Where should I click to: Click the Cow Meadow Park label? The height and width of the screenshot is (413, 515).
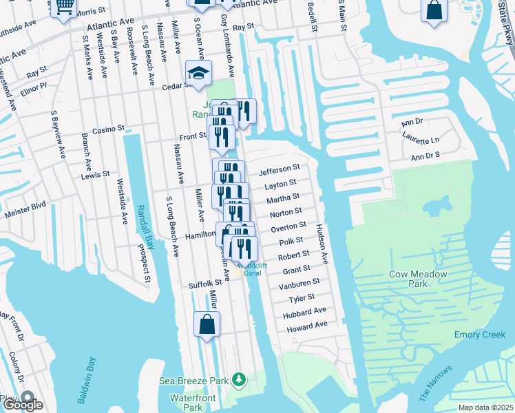click(x=418, y=279)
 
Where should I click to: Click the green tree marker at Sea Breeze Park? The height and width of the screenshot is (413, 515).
click(x=239, y=379)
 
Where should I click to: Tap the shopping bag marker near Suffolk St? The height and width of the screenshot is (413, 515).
click(x=207, y=324)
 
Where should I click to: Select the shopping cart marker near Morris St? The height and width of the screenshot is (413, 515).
click(x=64, y=7)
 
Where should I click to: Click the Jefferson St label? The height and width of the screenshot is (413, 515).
click(x=279, y=168)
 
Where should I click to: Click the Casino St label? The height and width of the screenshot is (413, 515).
click(x=108, y=129)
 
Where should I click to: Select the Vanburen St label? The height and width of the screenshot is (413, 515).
click(x=299, y=283)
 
